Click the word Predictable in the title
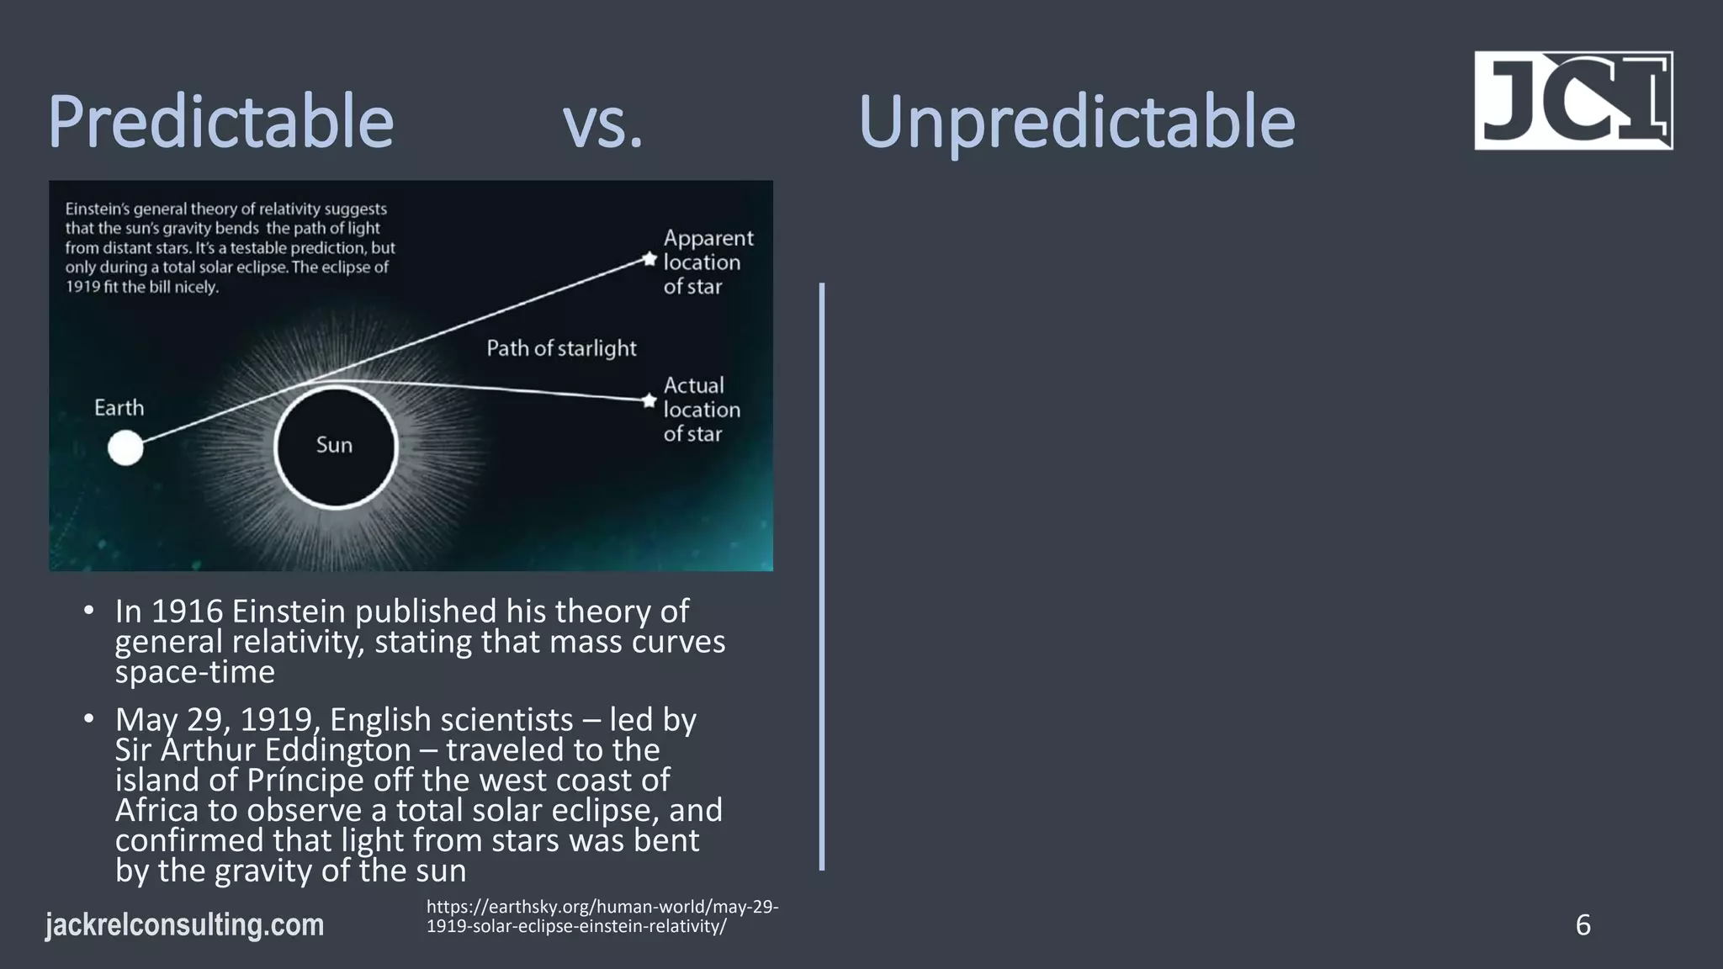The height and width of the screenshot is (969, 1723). (220, 123)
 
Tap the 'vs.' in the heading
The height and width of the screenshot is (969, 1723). (602, 123)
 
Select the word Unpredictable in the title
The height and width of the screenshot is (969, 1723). (1076, 123)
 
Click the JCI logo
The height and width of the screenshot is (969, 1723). (1572, 100)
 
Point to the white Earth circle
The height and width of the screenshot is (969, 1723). (125, 447)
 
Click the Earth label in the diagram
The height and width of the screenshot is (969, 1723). (119, 408)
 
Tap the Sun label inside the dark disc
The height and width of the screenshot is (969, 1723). (334, 445)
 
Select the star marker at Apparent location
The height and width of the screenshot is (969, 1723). (649, 258)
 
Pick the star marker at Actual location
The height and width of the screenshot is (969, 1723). (649, 400)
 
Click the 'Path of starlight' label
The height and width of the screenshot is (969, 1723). (561, 348)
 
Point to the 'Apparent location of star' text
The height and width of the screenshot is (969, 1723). (708, 262)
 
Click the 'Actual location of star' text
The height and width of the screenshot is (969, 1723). (701, 410)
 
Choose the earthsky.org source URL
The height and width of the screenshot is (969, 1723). (602, 917)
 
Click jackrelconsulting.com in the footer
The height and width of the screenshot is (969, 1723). (184, 925)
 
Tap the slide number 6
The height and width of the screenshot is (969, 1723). (1583, 925)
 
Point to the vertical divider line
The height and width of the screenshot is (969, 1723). (822, 576)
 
